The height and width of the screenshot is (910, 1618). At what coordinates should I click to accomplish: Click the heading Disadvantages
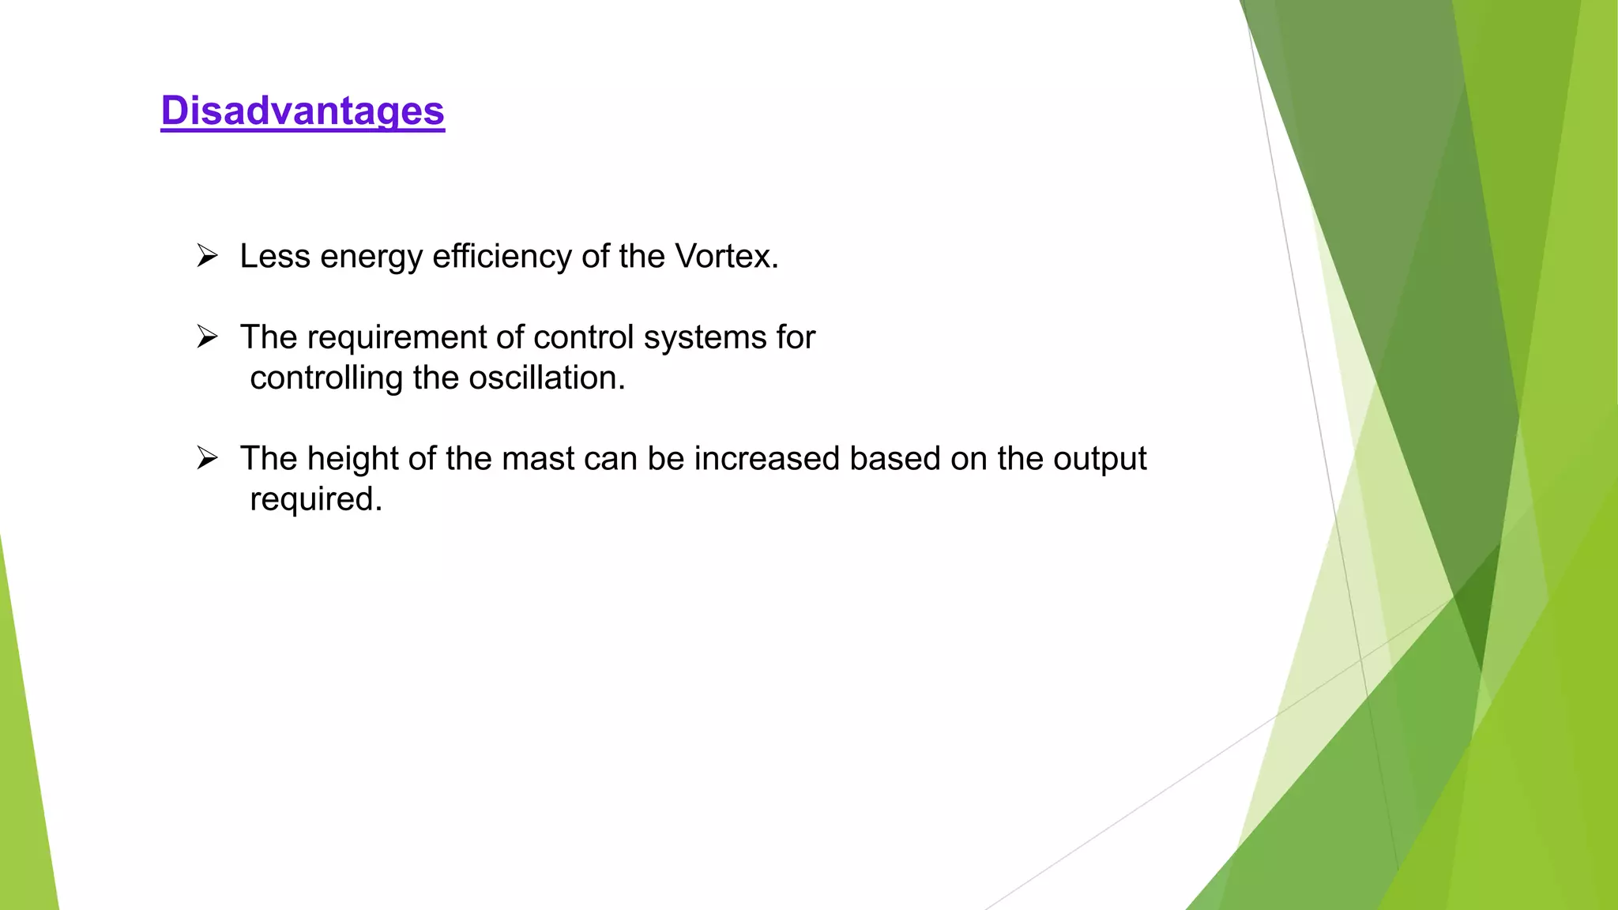click(303, 111)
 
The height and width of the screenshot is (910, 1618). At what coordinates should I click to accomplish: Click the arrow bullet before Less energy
click(207, 256)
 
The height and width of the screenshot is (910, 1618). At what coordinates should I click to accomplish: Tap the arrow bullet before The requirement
click(207, 337)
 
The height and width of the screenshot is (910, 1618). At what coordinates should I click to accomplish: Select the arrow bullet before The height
click(207, 458)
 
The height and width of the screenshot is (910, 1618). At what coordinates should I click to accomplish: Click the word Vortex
click(725, 257)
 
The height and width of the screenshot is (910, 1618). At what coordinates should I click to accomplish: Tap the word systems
click(705, 338)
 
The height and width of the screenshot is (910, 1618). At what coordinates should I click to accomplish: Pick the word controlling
click(326, 379)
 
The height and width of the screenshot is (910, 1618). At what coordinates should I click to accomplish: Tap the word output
click(1100, 460)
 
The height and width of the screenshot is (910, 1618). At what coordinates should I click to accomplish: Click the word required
click(314, 500)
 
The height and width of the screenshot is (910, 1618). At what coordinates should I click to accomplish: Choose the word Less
click(275, 257)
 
